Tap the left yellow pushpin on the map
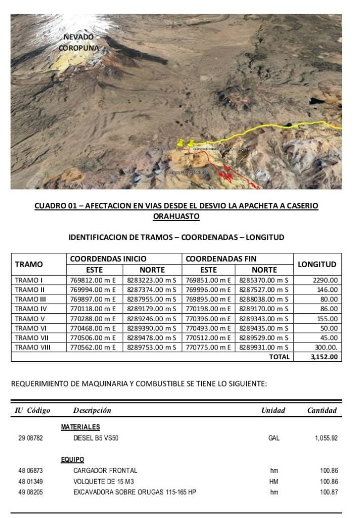pyautogui.click(x=181, y=144)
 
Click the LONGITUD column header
pyautogui.click(x=317, y=264)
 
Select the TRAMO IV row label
pyautogui.click(x=31, y=309)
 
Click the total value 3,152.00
pyautogui.click(x=324, y=357)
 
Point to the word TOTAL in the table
pyautogui.click(x=279, y=357)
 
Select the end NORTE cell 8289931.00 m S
pyautogui.click(x=263, y=347)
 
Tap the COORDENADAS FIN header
pyautogui.click(x=221, y=258)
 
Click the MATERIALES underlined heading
pyautogui.click(x=80, y=427)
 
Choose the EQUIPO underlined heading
pyautogui.click(x=72, y=460)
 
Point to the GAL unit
pyautogui.click(x=274, y=438)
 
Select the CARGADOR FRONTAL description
pyautogui.click(x=105, y=470)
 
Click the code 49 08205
pyautogui.click(x=31, y=492)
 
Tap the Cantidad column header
pyautogui.click(x=322, y=410)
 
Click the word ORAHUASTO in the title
pyautogui.click(x=176, y=217)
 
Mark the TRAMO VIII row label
pyautogui.click(x=33, y=347)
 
